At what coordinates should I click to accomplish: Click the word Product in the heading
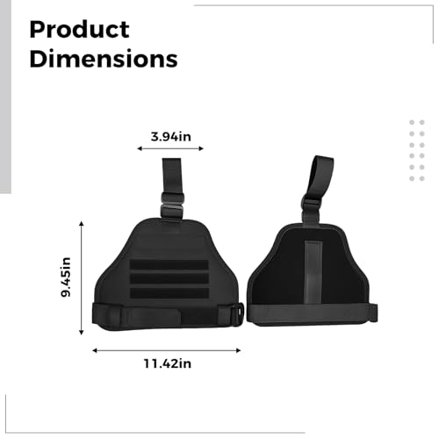[x=79, y=30]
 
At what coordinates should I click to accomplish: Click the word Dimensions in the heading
[x=104, y=59]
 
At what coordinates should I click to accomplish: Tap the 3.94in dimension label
[x=171, y=136]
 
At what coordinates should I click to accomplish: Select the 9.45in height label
[x=66, y=277]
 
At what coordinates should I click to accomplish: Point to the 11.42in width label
[x=168, y=363]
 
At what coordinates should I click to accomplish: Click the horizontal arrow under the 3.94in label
[x=170, y=148]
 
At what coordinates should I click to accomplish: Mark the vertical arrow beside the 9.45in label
[x=82, y=278]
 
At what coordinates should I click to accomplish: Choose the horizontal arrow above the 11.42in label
[x=167, y=350]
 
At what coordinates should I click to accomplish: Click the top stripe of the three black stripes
[x=169, y=264]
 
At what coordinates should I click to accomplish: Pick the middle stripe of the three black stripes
[x=169, y=278]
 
